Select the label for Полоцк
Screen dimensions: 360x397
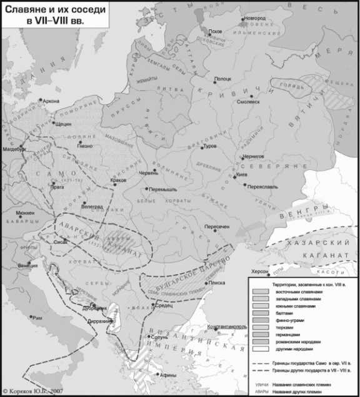coord(223,79)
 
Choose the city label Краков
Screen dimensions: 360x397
coord(119,180)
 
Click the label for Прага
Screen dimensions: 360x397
coord(58,186)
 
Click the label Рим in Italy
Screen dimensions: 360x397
coord(39,318)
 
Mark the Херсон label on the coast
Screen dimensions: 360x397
coord(259,272)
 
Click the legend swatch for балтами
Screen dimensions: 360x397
coord(261,314)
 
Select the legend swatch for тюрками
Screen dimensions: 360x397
coord(261,328)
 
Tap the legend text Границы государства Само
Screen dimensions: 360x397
coord(308,363)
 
